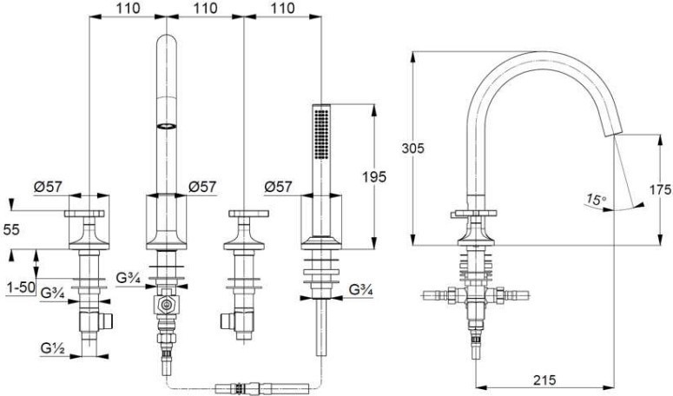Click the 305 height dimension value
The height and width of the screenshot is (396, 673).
pyautogui.click(x=412, y=148)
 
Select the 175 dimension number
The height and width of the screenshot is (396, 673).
pyautogui.click(x=661, y=189)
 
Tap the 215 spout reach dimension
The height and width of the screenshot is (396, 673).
pyautogui.click(x=544, y=379)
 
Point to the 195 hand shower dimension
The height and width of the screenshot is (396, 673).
pyautogui.click(x=374, y=177)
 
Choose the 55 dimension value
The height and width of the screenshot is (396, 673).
pyautogui.click(x=11, y=230)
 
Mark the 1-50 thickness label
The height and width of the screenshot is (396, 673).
pyautogui.click(x=21, y=287)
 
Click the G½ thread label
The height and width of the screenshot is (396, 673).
pyautogui.click(x=53, y=349)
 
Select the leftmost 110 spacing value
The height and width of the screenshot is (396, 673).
pyautogui.click(x=128, y=8)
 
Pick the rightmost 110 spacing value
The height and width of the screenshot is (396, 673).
pyautogui.click(x=283, y=8)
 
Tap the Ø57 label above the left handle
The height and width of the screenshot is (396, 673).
pyautogui.click(x=48, y=187)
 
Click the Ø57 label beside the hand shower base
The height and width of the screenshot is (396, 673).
pyautogui.click(x=278, y=187)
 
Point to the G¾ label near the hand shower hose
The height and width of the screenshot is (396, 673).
pyautogui.click(x=361, y=290)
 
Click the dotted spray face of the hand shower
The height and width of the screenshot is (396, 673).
pyautogui.click(x=321, y=135)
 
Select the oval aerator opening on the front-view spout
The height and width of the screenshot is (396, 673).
pyautogui.click(x=166, y=126)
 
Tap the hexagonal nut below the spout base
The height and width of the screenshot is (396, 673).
pyautogui.click(x=166, y=306)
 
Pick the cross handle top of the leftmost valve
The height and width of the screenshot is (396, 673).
pyautogui.click(x=84, y=214)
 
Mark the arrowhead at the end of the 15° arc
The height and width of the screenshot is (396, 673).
pyautogui.click(x=639, y=205)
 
